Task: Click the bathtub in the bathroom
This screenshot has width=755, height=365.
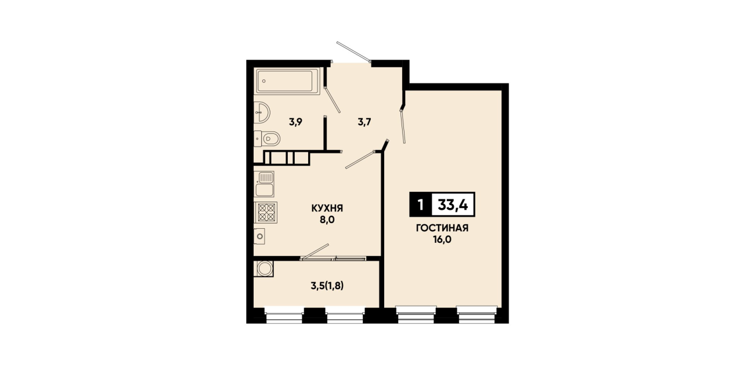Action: (x=288, y=81)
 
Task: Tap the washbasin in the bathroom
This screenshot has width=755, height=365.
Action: (x=262, y=112)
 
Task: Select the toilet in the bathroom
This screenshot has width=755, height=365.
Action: (x=267, y=138)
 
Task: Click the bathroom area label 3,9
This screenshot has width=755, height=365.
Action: (x=295, y=122)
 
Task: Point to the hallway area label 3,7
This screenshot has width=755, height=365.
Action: (x=364, y=122)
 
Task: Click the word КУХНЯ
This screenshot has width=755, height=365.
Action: (x=327, y=209)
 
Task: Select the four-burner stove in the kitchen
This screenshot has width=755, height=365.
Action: (x=266, y=212)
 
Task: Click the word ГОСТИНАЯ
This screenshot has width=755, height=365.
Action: (x=442, y=228)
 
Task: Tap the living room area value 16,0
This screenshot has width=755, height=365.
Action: (x=442, y=239)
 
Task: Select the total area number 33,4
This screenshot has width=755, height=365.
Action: (x=453, y=204)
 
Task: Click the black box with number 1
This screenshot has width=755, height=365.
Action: (x=420, y=204)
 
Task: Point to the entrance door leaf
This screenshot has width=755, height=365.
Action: (x=353, y=52)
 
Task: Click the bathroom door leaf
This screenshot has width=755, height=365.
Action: (x=332, y=99)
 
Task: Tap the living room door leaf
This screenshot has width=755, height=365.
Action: (x=403, y=126)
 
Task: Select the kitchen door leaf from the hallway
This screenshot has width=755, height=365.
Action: (x=360, y=159)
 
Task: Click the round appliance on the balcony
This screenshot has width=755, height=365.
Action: (x=264, y=268)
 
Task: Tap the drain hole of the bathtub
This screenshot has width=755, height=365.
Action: (x=264, y=81)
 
